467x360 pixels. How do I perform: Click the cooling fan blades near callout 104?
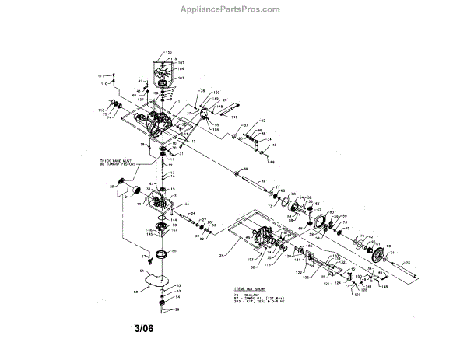(161, 71)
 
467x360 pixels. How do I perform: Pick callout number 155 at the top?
(167, 52)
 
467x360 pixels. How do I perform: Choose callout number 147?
(233, 116)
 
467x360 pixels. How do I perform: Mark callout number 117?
(191, 141)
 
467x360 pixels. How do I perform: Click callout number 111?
(100, 75)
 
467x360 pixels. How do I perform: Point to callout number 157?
(176, 231)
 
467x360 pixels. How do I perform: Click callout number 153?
(250, 257)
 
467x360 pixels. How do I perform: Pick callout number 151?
(353, 270)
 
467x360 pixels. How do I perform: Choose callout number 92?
(263, 121)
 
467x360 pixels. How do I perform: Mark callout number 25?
(113, 187)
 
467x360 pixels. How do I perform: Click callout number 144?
(174, 220)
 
